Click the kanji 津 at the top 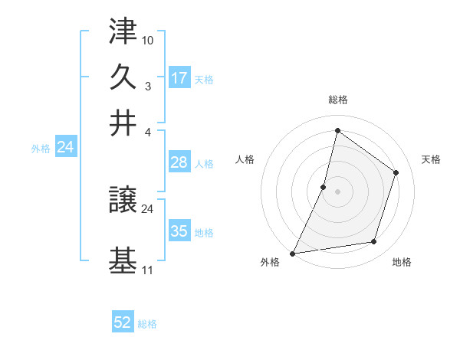123,33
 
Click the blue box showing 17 179,78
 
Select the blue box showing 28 179,162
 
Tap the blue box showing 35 179,231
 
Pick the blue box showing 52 123,322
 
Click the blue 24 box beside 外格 65,147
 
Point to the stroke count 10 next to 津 148,38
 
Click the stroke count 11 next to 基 147,270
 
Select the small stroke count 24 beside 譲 148,209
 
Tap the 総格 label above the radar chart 337,100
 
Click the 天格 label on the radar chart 431,159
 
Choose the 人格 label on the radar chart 245,159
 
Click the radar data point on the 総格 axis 337,130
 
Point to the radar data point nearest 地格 374,242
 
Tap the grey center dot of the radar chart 337,191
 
